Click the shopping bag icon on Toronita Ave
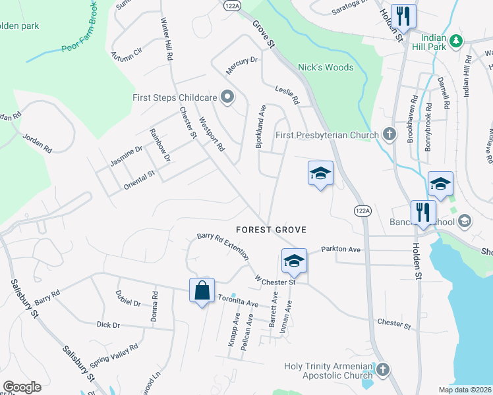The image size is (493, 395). [202, 290]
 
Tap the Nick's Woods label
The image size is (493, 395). [326, 67]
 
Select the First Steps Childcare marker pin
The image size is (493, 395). [227, 97]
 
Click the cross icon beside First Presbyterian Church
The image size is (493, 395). [389, 135]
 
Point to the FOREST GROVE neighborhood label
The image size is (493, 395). [272, 229]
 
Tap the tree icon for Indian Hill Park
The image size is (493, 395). [455, 42]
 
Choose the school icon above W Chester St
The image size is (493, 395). [294, 260]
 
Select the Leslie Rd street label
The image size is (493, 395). [287, 97]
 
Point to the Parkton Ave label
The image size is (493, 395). [341, 250]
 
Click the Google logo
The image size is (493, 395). [22, 387]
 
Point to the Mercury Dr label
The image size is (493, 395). [241, 65]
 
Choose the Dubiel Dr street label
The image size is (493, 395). [128, 298]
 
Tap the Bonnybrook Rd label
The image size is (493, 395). [429, 127]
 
